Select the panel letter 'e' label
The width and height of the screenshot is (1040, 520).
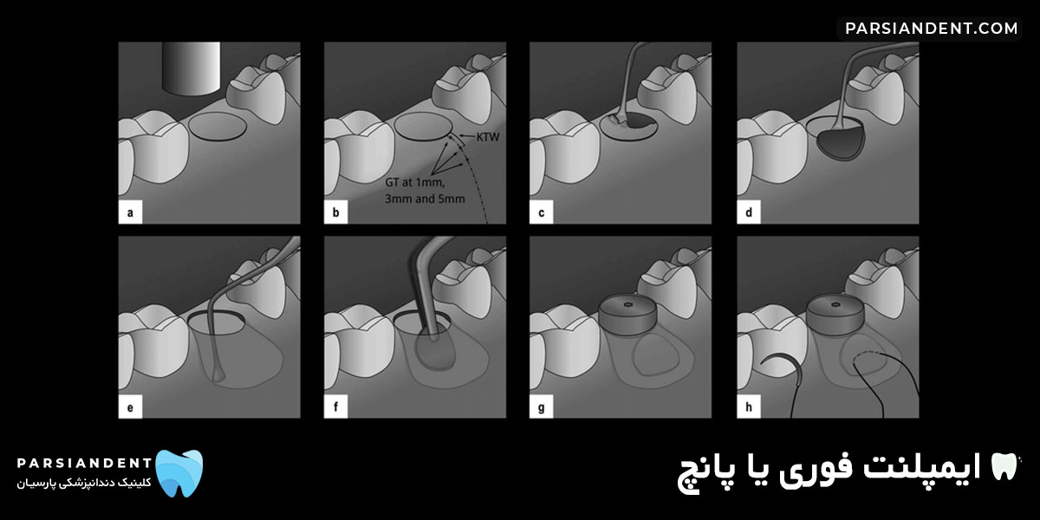129,406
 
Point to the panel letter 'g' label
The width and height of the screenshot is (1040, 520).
541,406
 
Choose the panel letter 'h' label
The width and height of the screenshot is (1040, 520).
746,406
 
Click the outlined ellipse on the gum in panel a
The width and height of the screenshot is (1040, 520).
218,127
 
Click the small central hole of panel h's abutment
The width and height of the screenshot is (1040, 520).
833,304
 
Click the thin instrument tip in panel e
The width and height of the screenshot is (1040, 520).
217,376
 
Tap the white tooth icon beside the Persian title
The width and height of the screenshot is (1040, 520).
1005,468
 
